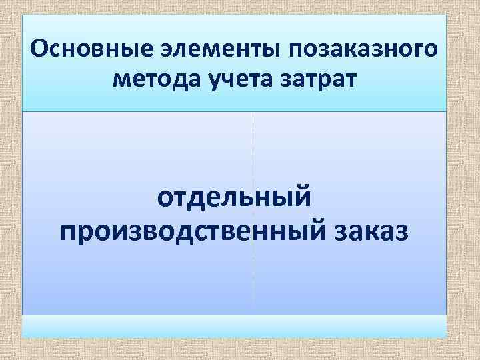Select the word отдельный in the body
click(x=234, y=198)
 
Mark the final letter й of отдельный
click(x=302, y=197)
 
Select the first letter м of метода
click(x=122, y=81)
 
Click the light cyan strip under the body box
click(x=234, y=325)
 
